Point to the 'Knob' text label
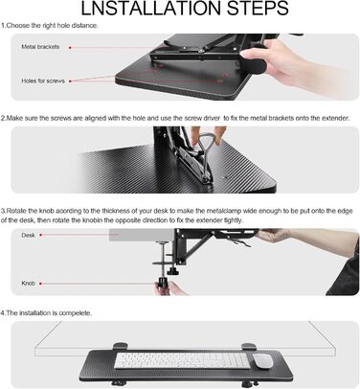28,283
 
